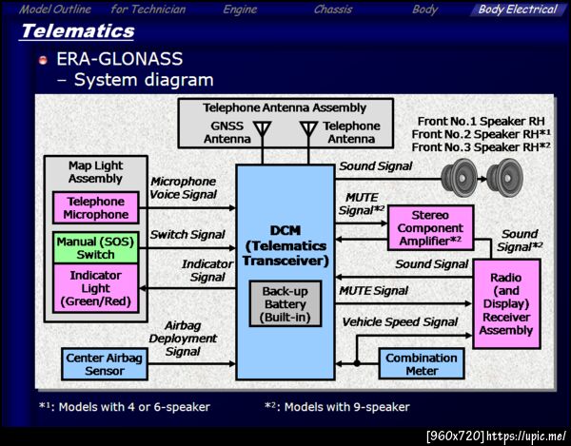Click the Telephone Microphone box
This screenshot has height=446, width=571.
tap(96, 208)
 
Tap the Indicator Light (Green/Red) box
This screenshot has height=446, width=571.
tap(96, 288)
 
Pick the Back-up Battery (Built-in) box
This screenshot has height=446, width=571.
tap(286, 304)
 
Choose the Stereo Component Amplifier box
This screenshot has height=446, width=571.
tap(430, 229)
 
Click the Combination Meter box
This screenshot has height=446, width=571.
tap(420, 363)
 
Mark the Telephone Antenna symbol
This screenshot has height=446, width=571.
tap(307, 130)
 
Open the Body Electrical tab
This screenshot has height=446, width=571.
tap(517, 10)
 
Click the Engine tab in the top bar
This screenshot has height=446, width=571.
tap(241, 10)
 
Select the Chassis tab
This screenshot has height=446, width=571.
tap(333, 10)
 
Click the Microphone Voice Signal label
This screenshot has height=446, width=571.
tap(185, 187)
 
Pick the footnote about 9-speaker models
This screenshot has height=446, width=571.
tap(337, 407)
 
